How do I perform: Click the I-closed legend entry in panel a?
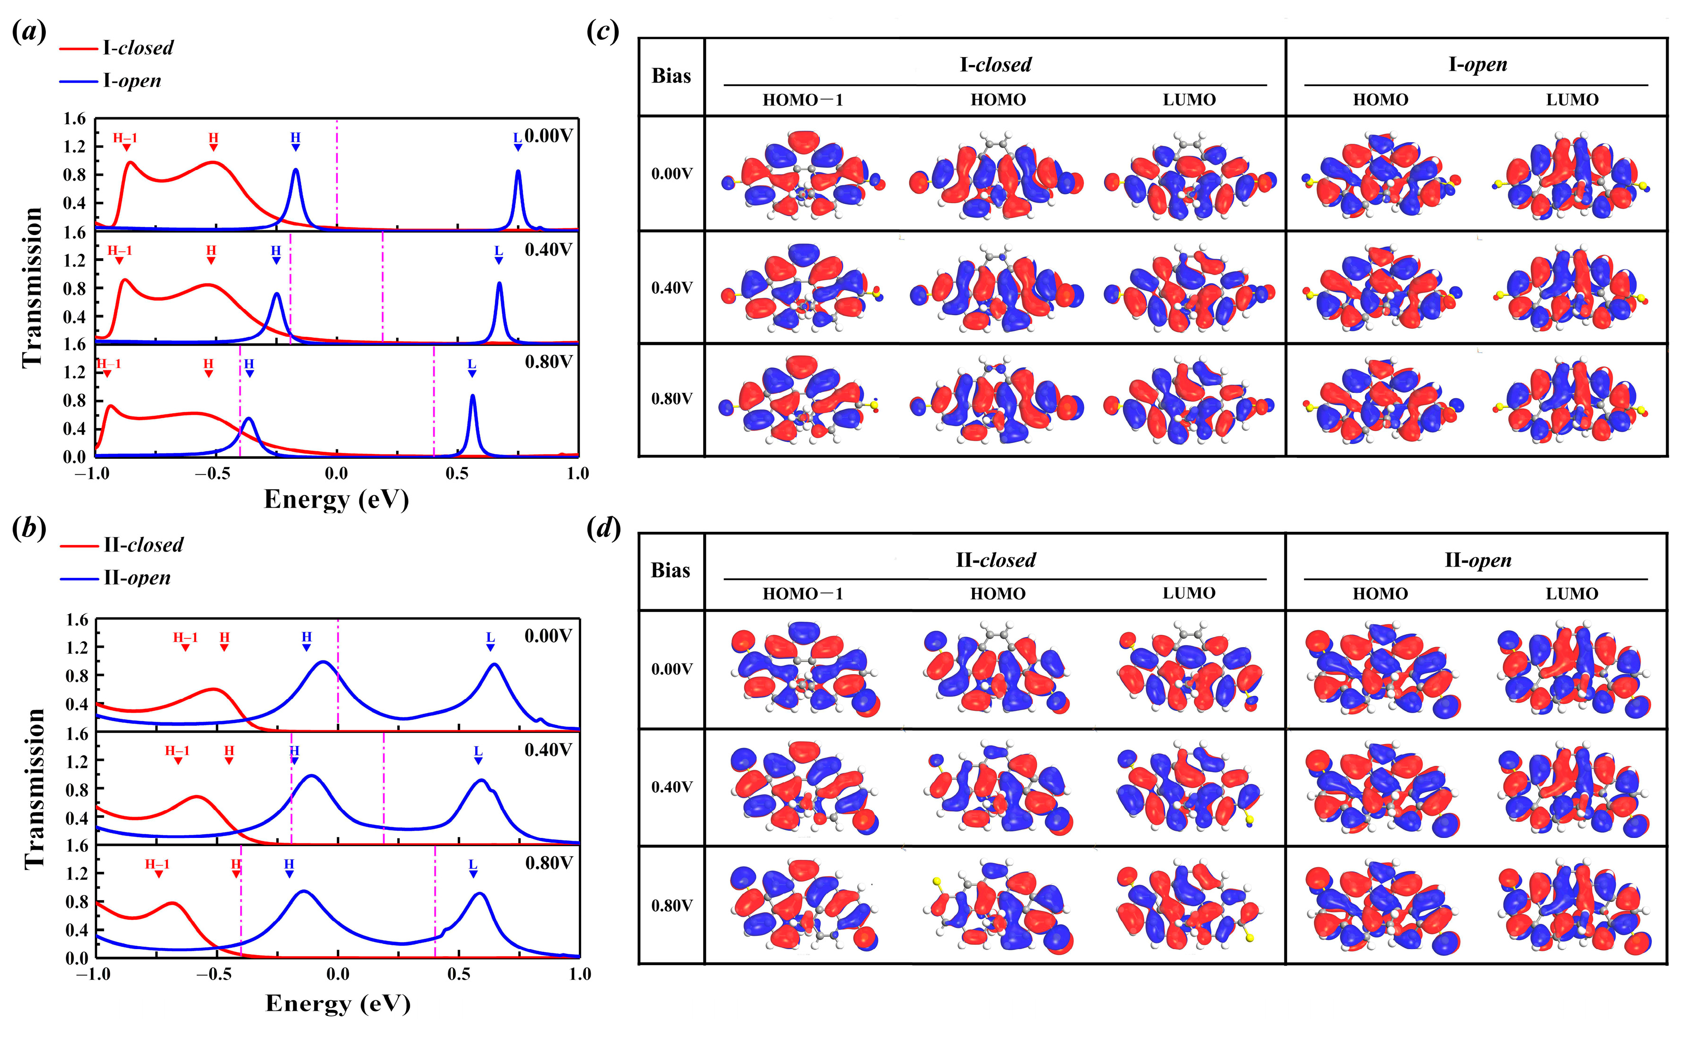138,48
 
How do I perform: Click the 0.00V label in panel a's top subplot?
548,136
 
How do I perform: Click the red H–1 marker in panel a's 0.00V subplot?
125,140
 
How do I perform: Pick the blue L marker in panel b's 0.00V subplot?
490,641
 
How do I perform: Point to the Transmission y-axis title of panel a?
32,287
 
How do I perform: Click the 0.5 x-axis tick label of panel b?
459,974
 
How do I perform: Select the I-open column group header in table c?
1477,65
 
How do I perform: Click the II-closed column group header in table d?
995,560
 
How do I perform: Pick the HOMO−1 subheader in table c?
802,100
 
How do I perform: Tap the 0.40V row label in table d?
672,787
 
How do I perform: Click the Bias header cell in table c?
671,76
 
